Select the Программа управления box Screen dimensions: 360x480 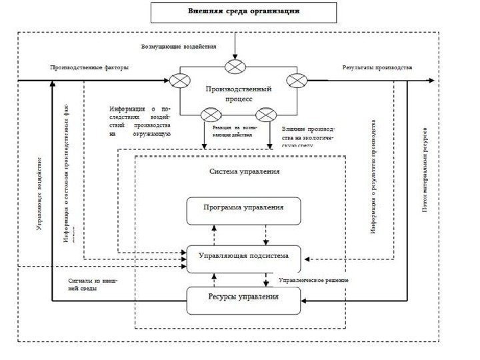[243, 207]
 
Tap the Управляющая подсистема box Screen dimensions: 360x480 [243, 255]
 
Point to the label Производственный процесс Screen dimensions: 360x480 [237, 93]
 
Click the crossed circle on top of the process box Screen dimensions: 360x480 [235, 66]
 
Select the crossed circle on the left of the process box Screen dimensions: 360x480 [179, 81]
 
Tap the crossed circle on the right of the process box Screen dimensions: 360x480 [294, 81]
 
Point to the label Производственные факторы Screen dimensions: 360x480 [89, 67]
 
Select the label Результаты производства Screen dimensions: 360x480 [377, 67]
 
